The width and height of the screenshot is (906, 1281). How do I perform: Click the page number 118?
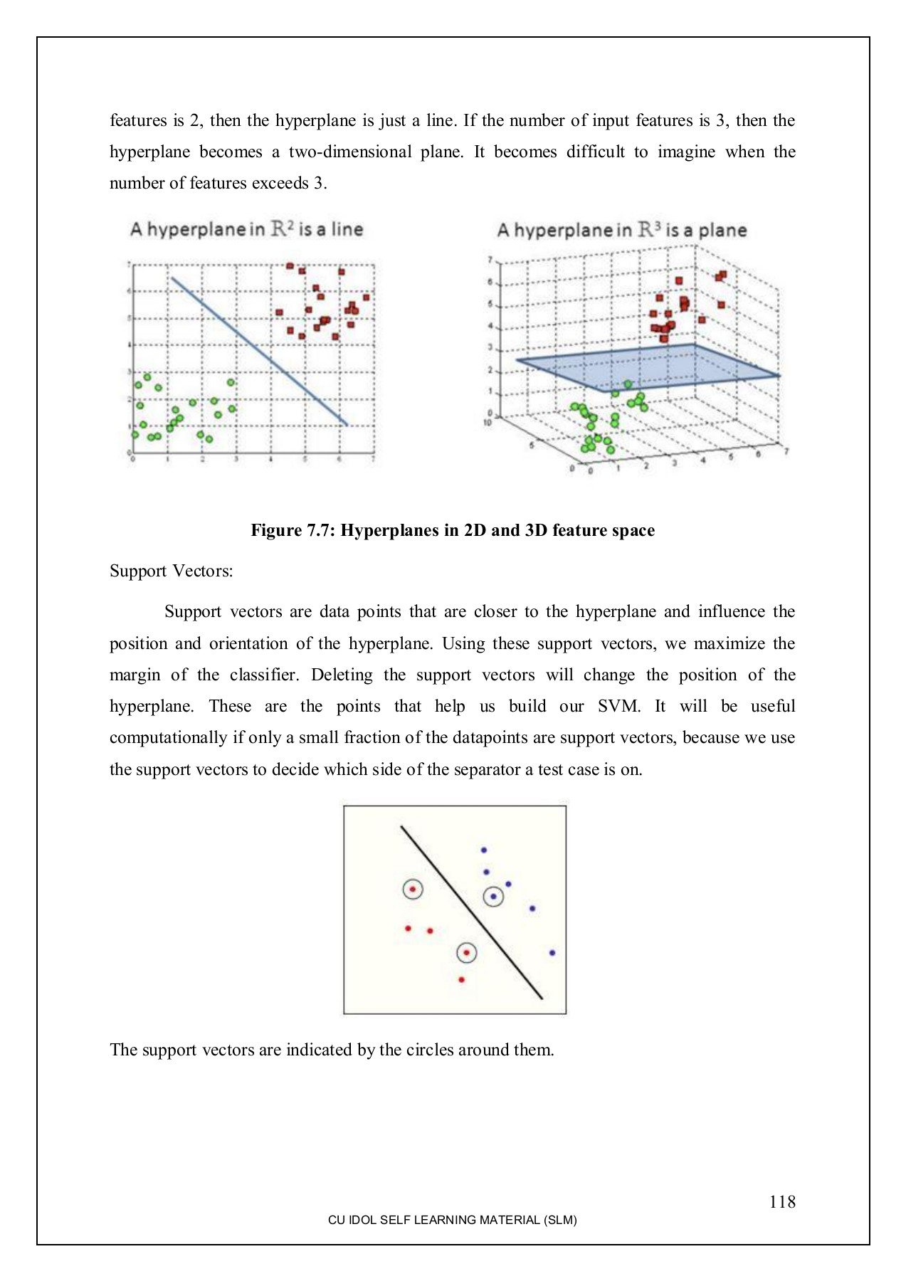coord(781,1202)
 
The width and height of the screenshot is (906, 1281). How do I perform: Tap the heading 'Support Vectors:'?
coord(171,571)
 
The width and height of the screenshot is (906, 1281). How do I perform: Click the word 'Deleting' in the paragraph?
coord(341,675)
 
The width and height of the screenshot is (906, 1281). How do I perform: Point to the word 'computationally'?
coord(168,737)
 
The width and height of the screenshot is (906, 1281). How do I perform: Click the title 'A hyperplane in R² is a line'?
coord(246,229)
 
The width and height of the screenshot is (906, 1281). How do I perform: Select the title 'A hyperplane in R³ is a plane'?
coord(621,230)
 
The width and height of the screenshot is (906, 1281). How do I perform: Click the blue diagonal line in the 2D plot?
coord(260,352)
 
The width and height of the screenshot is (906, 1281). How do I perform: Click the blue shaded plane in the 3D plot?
coord(648,367)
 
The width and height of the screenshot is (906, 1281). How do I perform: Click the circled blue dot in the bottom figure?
coord(493,896)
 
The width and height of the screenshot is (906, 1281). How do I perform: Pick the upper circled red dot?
coord(413,889)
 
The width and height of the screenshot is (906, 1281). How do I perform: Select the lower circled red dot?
coord(466,952)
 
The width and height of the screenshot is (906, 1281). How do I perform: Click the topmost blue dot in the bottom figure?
coord(484,850)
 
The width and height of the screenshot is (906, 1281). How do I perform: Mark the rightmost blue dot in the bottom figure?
coord(552,952)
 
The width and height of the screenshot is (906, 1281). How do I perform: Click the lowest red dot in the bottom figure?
coord(461,980)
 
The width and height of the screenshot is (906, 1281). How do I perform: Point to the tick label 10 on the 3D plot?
coord(488,423)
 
